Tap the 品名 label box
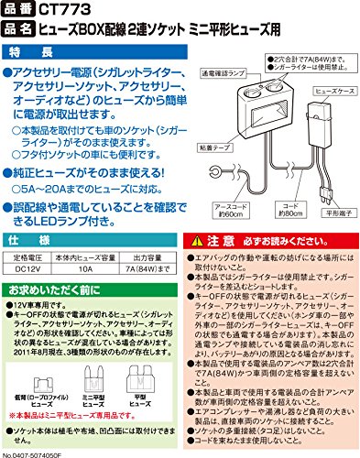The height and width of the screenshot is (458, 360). (21, 28)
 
